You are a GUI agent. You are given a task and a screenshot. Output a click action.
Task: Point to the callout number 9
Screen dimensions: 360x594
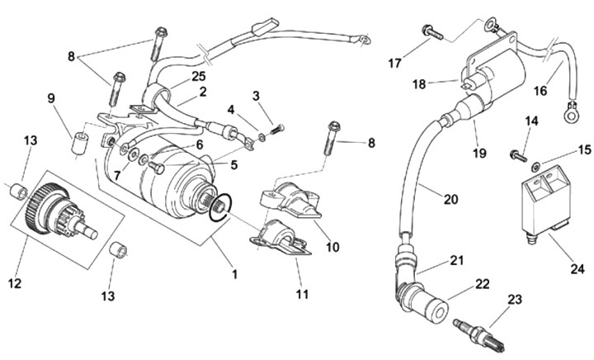point(51,97)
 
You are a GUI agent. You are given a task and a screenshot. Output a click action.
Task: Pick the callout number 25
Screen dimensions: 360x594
point(197,77)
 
